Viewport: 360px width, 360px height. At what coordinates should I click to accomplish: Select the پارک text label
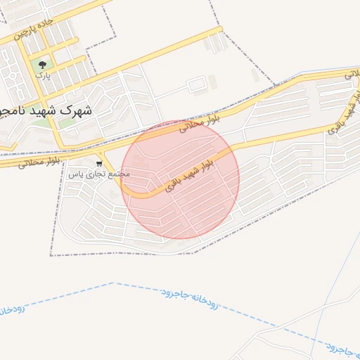coord(44,75)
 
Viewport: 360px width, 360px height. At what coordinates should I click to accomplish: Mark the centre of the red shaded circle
coord(181,179)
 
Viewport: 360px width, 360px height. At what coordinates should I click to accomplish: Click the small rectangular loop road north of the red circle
coord(197,85)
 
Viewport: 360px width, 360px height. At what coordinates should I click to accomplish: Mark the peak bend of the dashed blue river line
coord(112,283)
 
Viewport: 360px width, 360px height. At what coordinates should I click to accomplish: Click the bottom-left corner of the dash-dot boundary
coord(51,255)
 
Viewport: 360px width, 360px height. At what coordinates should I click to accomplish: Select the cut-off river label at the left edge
coord(11,309)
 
